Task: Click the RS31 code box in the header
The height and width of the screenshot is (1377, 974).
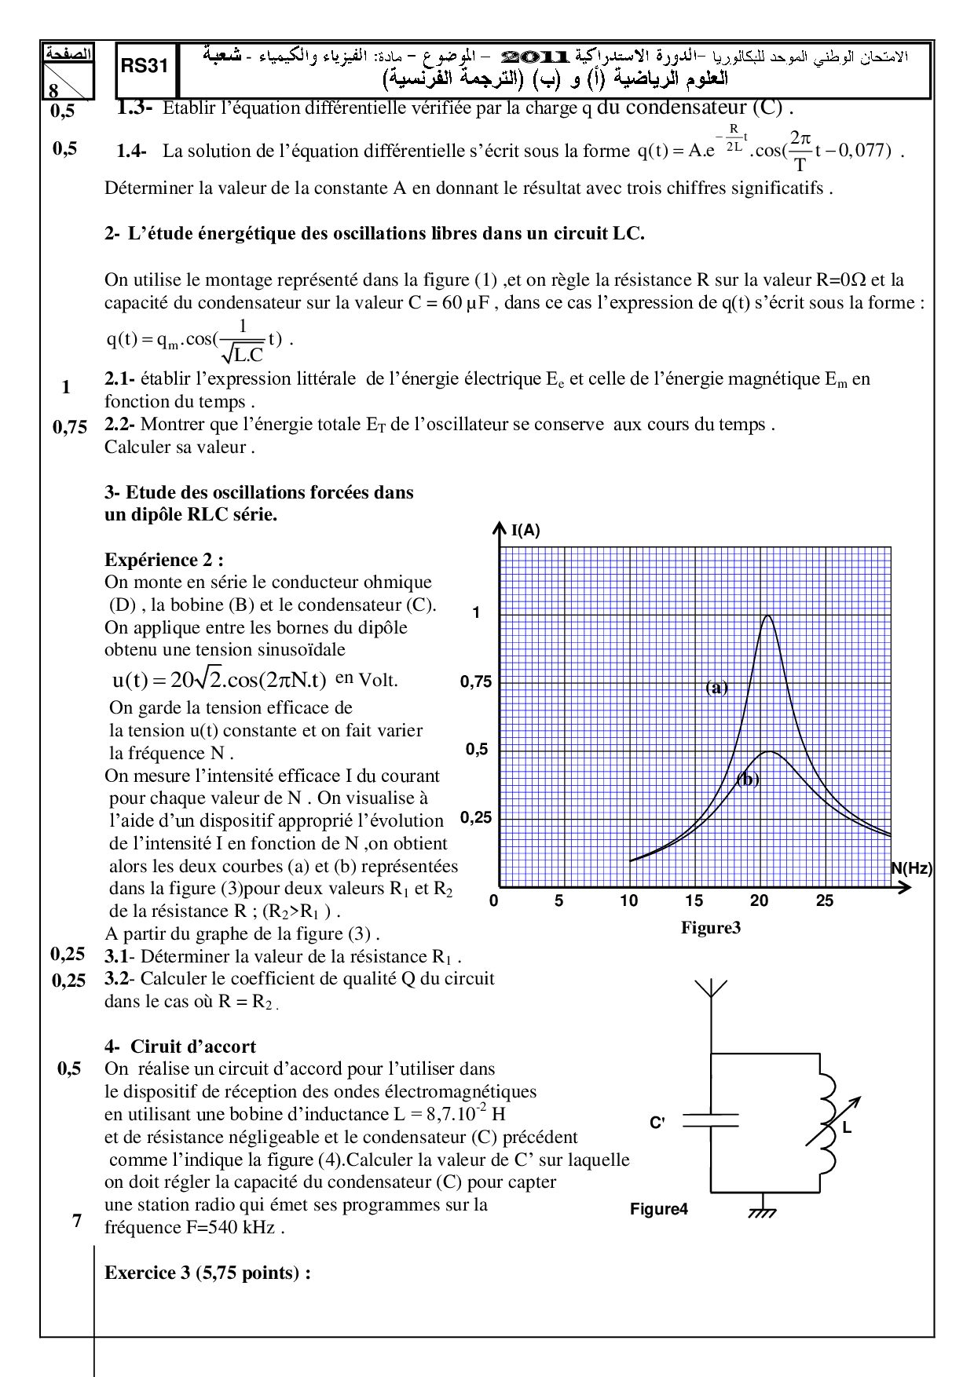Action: point(145,67)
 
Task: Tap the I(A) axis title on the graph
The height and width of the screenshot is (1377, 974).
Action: point(525,531)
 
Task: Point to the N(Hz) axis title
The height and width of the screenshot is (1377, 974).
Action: point(911,868)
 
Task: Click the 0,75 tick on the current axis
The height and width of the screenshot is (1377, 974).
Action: point(476,681)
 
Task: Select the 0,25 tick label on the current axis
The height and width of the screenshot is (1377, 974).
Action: point(476,817)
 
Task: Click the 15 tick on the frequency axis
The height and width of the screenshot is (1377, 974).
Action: point(694,901)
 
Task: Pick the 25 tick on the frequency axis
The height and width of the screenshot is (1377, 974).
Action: point(824,901)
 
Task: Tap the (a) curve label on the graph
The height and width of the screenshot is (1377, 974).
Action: point(716,688)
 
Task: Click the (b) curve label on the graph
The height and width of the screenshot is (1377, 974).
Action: point(747,780)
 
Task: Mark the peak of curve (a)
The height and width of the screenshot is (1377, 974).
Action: point(768,615)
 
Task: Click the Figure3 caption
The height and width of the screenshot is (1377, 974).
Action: point(711,928)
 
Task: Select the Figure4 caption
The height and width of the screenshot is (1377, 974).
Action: point(658,1209)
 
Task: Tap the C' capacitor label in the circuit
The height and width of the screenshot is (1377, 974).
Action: point(657,1123)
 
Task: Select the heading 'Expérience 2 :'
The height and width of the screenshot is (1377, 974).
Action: point(164,560)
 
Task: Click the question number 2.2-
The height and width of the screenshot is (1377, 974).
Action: point(120,425)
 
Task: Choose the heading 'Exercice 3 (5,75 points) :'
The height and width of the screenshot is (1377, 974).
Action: point(207,1273)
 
